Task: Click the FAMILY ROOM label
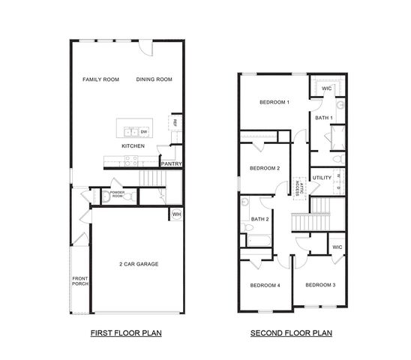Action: (100, 79)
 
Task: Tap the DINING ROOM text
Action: (154, 79)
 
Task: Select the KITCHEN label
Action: (133, 146)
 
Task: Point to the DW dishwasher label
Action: (142, 131)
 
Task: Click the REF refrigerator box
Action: (175, 123)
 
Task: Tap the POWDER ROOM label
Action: (117, 193)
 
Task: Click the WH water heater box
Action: (176, 214)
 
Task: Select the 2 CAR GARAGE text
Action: (139, 264)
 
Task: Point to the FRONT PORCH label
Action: (80, 281)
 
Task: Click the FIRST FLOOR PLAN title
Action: (126, 332)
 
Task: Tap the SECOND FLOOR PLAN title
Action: (291, 332)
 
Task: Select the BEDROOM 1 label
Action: (274, 102)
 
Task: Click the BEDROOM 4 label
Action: (265, 285)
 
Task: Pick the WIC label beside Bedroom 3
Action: (337, 246)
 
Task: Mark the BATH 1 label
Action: (323, 118)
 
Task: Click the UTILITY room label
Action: (322, 178)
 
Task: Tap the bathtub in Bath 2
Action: (259, 241)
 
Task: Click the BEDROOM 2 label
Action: (264, 168)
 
